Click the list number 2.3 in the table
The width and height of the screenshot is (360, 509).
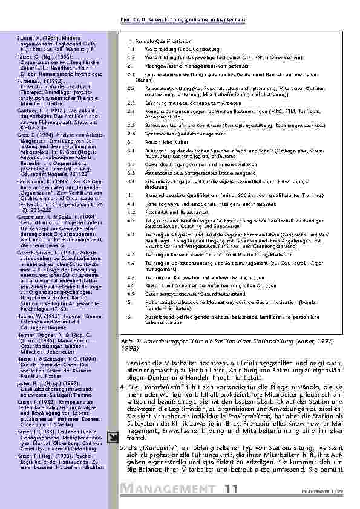coord(131,103)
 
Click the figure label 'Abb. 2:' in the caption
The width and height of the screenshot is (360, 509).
coord(132,342)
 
